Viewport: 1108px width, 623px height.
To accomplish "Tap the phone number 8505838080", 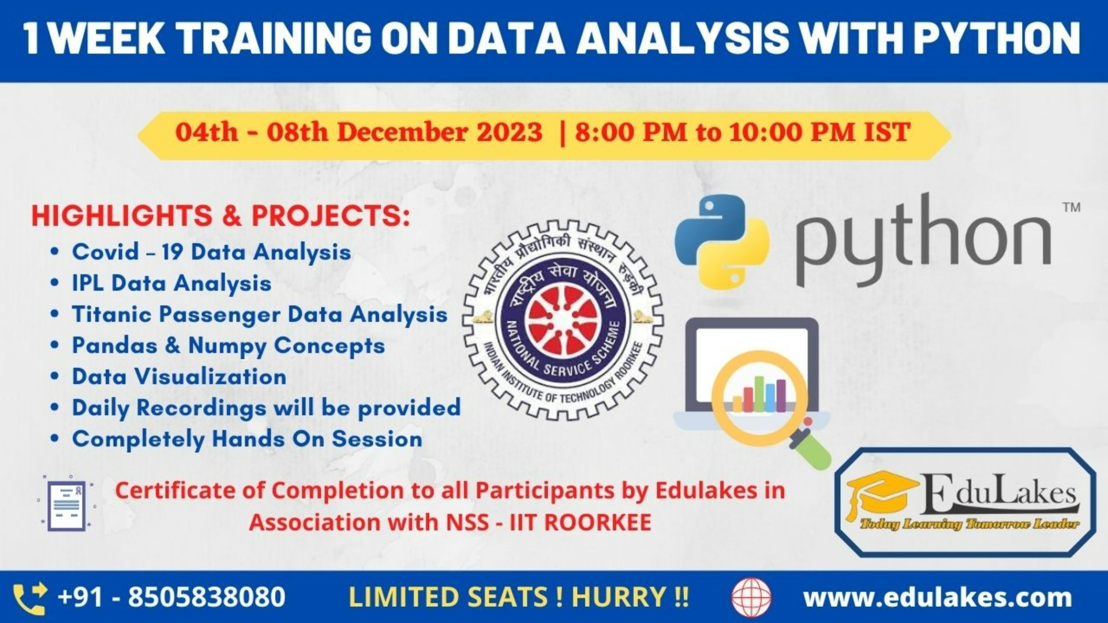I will tap(206, 597).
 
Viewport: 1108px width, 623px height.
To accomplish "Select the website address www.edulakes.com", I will tap(937, 598).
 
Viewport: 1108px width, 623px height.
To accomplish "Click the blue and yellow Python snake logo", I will tap(722, 242).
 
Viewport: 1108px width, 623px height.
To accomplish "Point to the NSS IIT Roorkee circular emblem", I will tap(563, 320).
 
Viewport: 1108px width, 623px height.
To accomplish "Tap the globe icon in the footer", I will tap(751, 598).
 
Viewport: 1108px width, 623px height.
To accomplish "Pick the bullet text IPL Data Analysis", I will tap(171, 283).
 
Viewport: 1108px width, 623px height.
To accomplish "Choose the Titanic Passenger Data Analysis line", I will tap(259, 314).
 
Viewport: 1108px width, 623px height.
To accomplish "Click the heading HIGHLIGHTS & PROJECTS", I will tap(220, 216).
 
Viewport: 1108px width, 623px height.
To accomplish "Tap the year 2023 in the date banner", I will tap(509, 132).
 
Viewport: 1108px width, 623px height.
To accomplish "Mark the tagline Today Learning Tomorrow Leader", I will tap(969, 524).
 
